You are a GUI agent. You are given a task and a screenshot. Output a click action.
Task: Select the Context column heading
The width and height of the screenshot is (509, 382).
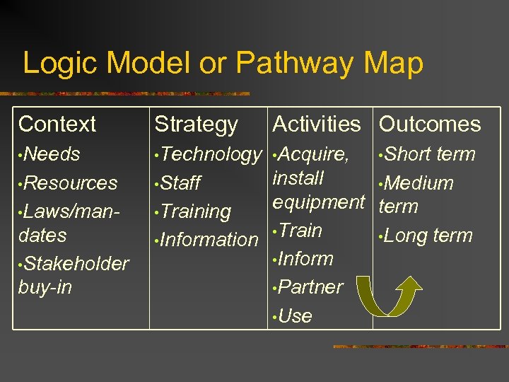click(57, 125)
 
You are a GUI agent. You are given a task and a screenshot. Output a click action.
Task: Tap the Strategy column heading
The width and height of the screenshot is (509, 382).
click(196, 125)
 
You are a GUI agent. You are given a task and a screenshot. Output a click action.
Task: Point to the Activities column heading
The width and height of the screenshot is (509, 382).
click(316, 124)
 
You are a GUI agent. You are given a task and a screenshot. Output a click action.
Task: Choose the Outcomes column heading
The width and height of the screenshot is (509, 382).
click(430, 125)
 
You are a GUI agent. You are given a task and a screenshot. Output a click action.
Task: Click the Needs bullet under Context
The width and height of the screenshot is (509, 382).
click(52, 154)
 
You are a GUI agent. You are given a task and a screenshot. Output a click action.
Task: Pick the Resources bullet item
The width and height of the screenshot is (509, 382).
click(71, 183)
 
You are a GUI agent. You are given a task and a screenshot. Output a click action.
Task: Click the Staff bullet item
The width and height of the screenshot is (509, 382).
click(181, 183)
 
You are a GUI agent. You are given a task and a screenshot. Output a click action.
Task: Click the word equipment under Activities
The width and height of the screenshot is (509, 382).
click(318, 202)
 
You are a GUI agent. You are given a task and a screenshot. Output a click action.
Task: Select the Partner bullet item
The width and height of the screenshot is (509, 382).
click(310, 287)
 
